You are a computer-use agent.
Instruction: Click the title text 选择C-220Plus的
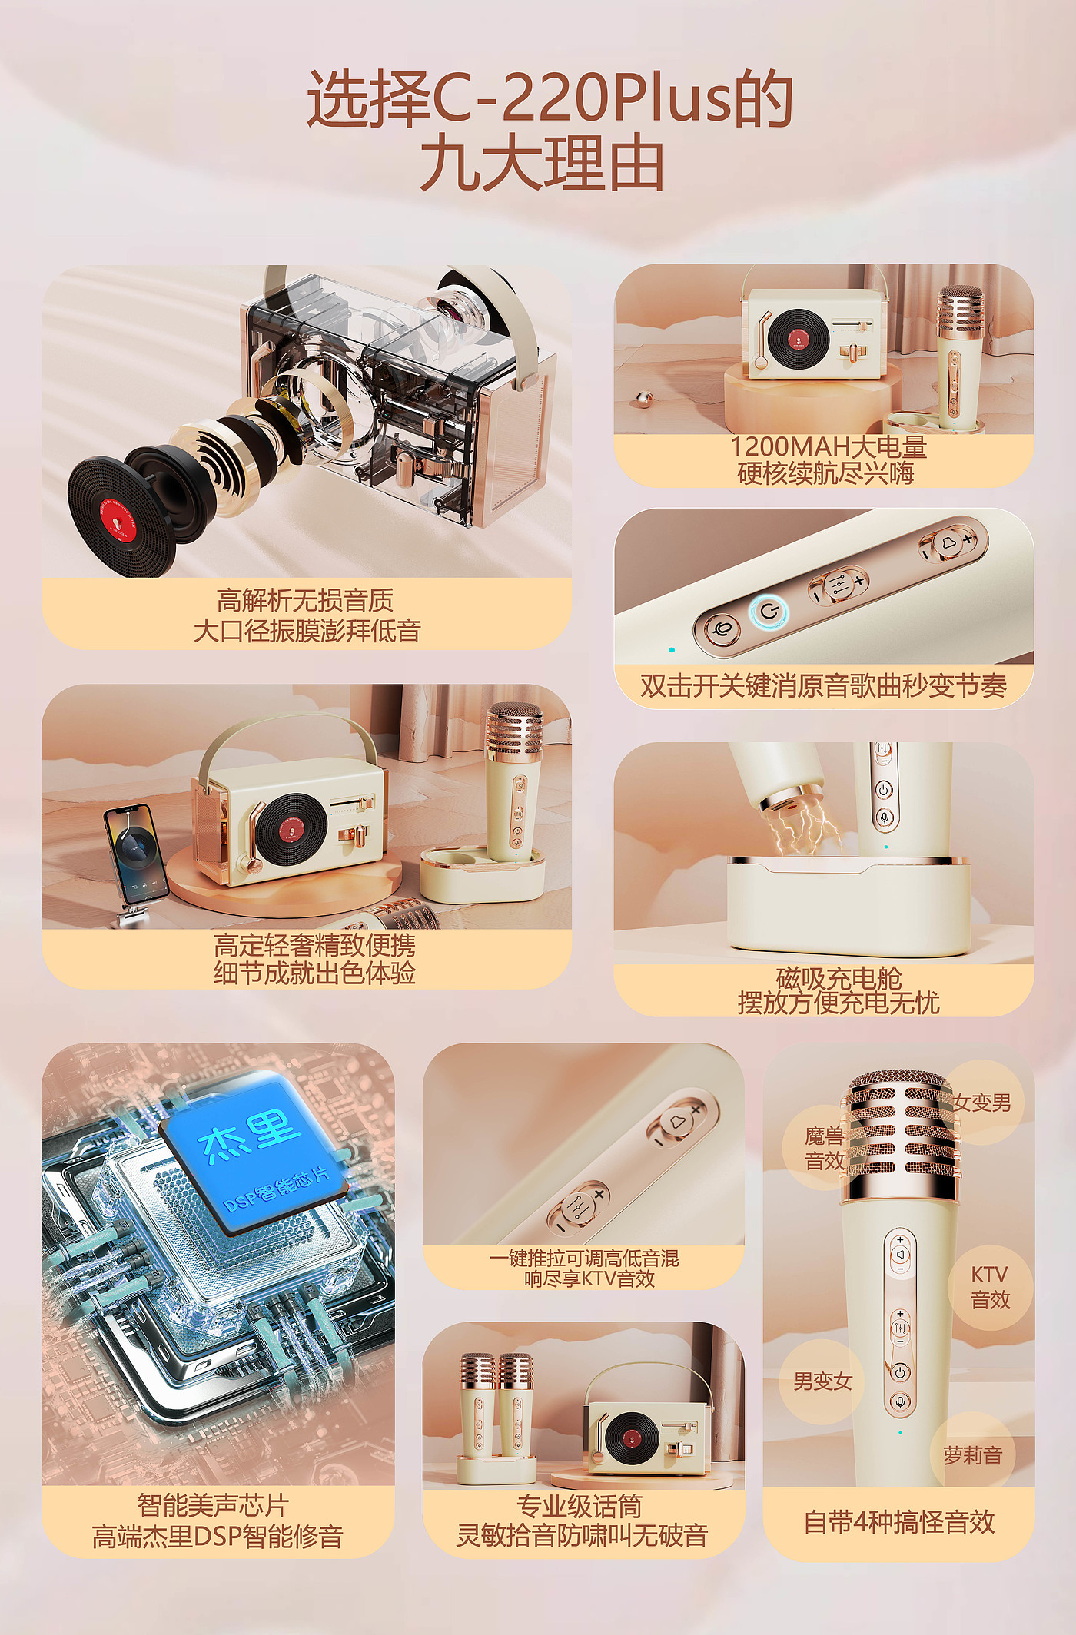(x=550, y=98)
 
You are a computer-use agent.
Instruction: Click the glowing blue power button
(x=769, y=612)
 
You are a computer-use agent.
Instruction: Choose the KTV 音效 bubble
(x=990, y=1288)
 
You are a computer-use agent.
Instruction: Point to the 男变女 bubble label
(x=822, y=1381)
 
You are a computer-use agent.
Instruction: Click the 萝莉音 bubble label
(x=973, y=1455)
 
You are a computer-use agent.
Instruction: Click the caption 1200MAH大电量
(x=829, y=446)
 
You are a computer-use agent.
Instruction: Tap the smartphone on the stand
(x=136, y=854)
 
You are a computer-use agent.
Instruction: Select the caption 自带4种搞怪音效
(x=899, y=1522)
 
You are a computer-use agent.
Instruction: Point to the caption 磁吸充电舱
(x=839, y=978)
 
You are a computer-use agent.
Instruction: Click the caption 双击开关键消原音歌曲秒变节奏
(x=823, y=685)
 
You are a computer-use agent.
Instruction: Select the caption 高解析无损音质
(x=305, y=599)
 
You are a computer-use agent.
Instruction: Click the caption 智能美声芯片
(x=213, y=1504)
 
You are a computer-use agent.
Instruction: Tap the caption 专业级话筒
(x=580, y=1506)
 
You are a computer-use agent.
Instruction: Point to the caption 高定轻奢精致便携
(x=314, y=944)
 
